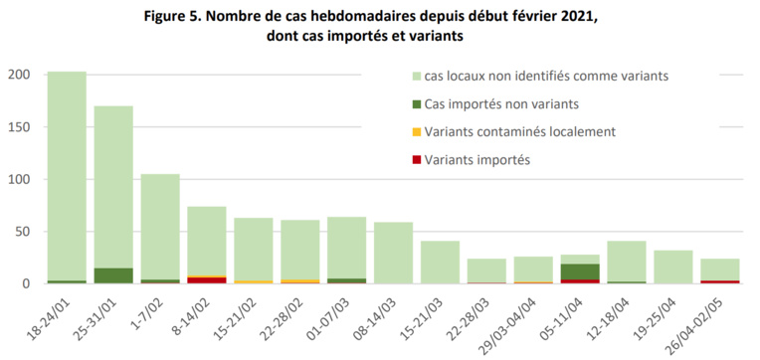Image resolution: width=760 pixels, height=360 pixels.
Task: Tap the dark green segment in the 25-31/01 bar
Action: (113, 275)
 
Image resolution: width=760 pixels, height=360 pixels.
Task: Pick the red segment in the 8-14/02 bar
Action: (207, 280)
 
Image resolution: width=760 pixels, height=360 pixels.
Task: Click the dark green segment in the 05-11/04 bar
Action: (579, 271)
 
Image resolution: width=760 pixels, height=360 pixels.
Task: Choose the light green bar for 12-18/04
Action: (626, 261)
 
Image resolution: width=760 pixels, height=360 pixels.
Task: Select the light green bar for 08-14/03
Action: (393, 253)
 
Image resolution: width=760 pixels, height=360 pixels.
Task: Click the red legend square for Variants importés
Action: (415, 160)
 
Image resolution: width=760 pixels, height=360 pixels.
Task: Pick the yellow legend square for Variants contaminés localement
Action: (415, 132)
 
